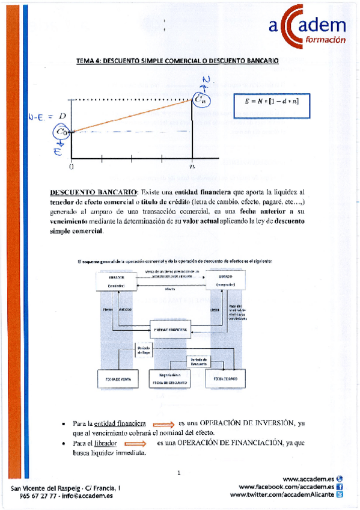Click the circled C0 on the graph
[62, 131]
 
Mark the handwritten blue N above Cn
[206, 81]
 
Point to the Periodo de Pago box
[144, 349]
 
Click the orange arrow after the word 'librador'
[135, 443]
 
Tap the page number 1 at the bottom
[178, 473]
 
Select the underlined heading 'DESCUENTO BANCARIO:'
[94, 192]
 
